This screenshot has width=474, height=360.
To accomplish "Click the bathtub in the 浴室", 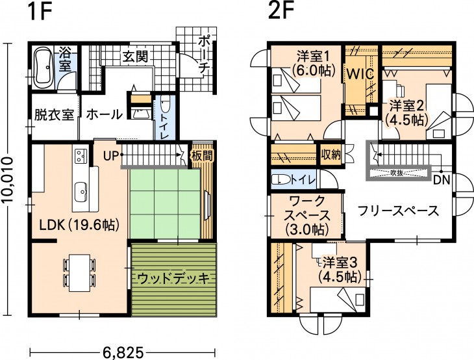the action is pos(43,68).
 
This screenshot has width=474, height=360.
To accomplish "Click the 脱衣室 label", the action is pos(54,114).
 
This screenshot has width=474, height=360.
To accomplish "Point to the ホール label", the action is pos(105,114).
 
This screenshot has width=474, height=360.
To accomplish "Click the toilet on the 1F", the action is pos(165,104).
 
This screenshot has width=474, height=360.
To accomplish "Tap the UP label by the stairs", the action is pos(110,156).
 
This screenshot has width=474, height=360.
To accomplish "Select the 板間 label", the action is pos(202,156).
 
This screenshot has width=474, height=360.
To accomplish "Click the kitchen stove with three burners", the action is pos(81,156).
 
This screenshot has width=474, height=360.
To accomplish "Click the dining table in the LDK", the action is pos(79,272).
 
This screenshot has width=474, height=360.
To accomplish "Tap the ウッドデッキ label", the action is pos(173,278).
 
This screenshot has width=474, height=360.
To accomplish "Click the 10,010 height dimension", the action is pos(8,180).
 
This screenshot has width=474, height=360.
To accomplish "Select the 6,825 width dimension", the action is pos(123,352).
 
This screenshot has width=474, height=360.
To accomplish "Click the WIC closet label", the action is pos(360,74).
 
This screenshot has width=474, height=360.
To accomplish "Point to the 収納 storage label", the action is pos(331,155).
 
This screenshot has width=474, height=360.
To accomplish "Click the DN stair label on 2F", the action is pos(442,180).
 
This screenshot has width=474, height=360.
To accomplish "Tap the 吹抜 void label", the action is pos(397,174).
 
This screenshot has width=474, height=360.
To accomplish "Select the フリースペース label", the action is pos(398,211).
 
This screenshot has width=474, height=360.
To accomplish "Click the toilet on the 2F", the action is pos(279,180).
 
